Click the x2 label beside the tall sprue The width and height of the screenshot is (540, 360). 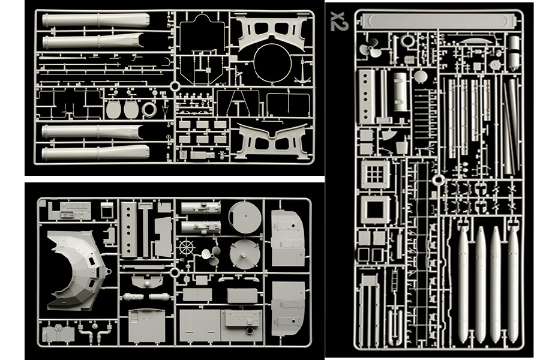coord(339,21)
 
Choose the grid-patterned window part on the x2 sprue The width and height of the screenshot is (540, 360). coord(375,174)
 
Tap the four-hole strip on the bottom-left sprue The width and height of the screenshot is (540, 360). coord(129,229)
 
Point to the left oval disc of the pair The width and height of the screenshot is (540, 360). coord(113,109)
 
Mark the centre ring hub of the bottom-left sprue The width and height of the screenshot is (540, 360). coord(174,273)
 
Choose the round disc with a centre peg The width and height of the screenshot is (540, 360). coord(244,253)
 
